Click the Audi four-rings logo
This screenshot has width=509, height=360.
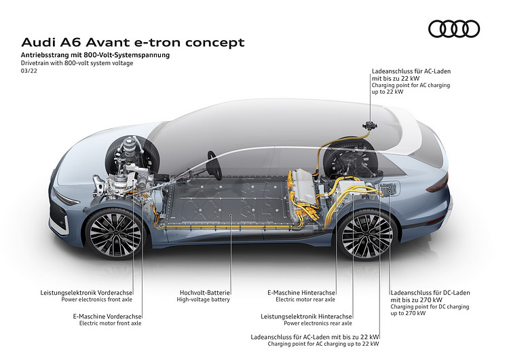coord(454,29)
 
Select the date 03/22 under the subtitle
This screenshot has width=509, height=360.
coord(29,71)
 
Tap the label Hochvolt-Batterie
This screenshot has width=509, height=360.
coord(205,293)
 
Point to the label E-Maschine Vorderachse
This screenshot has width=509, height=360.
coord(107,317)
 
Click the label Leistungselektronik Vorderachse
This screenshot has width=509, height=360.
coord(86,293)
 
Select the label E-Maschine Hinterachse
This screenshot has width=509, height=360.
coord(301,293)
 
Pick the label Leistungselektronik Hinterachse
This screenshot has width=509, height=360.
coord(306,317)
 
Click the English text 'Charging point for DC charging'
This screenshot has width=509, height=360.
coord(430,307)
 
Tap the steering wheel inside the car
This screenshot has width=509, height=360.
coord(214,165)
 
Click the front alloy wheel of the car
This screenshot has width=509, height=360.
coord(115,233)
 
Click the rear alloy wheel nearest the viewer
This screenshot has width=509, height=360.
coord(367,235)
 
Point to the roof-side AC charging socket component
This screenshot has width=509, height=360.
coord(370,125)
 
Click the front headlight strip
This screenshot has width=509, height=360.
coord(67,198)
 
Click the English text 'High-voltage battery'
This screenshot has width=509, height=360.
coord(203,300)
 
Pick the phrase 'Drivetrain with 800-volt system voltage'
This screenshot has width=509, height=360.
coord(77,63)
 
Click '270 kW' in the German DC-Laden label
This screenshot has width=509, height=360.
coord(431,300)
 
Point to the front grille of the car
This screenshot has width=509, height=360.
coord(59,217)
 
